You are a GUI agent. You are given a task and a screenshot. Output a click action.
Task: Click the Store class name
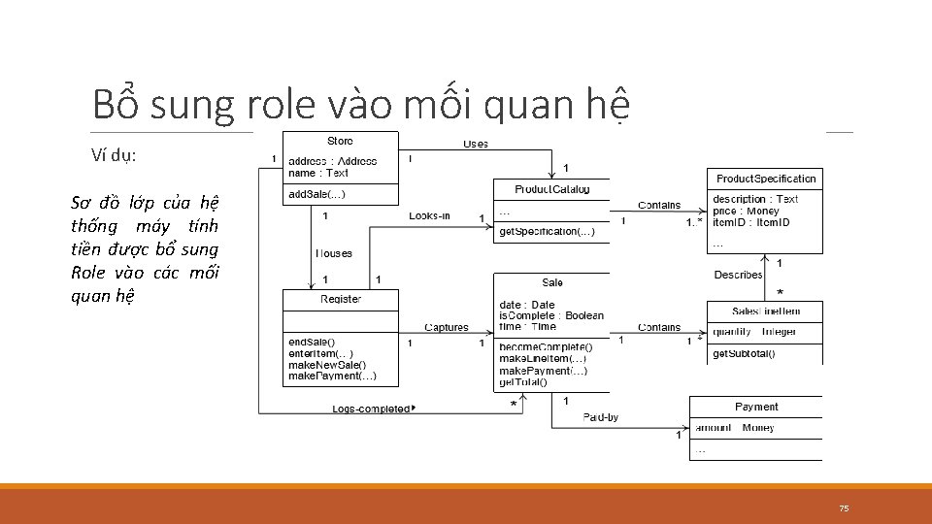[340, 142]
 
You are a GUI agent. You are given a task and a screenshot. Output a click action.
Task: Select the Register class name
[341, 299]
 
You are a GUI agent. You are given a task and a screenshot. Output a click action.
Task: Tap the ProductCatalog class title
[551, 189]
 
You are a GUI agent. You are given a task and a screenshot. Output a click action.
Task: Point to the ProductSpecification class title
[766, 179]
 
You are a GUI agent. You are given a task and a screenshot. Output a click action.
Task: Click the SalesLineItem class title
[766, 311]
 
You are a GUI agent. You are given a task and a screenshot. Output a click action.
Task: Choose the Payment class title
[756, 407]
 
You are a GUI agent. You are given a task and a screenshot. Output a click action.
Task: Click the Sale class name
[552, 282]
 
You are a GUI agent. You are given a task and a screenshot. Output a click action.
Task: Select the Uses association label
[476, 144]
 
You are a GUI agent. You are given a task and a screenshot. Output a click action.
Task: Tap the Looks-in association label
[429, 215]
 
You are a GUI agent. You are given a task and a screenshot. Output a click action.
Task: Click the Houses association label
[333, 253]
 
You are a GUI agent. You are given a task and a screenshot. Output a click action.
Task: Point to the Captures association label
[446, 328]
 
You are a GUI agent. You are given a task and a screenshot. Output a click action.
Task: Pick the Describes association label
[739, 275]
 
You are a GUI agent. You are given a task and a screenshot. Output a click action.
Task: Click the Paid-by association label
[600, 417]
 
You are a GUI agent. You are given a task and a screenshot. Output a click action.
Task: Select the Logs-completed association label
[373, 409]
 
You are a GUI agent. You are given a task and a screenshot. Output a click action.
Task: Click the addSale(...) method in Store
[316, 194]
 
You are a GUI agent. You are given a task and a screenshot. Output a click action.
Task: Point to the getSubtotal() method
[744, 353]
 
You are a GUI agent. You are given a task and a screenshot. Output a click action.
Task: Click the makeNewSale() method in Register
[327, 365]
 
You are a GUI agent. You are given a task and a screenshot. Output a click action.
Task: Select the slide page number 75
[844, 508]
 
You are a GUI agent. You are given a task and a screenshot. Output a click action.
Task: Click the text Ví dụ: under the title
[114, 154]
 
